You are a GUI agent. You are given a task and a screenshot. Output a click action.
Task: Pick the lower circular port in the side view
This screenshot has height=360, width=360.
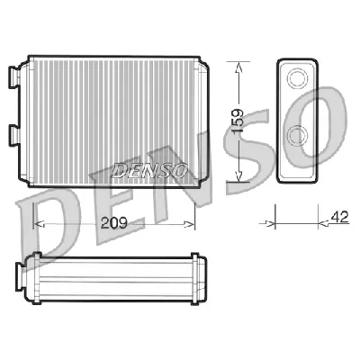[x=295, y=137]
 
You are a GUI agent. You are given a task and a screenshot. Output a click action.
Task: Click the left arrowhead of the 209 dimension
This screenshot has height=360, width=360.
[x=37, y=221]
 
